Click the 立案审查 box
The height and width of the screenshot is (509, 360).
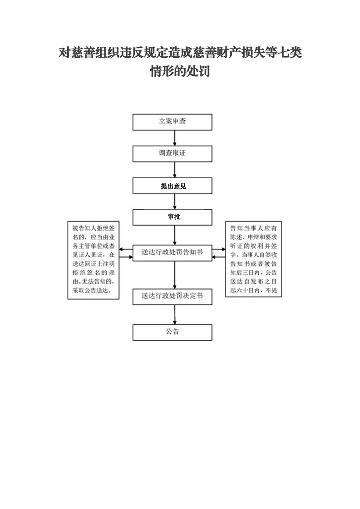pos(172,122)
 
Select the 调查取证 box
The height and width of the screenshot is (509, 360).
pos(172,154)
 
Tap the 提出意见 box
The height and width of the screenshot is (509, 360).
pos(172,186)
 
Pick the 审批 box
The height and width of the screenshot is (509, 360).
pos(172,217)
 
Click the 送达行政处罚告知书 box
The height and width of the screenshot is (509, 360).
pos(172,253)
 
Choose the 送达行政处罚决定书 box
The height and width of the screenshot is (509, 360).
pos(172,297)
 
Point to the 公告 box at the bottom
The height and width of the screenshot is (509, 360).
pos(172,333)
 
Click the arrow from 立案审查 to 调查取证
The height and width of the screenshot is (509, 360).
pos(175,138)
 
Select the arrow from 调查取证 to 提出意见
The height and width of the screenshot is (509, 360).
pos(175,170)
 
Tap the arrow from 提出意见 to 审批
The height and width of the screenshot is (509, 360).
pos(175,201)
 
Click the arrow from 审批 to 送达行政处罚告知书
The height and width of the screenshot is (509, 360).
pos(175,235)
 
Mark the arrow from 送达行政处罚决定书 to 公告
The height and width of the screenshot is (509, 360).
pos(175,314)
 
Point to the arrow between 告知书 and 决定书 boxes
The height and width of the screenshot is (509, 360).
pos(175,275)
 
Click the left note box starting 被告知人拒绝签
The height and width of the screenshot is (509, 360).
pos(94,260)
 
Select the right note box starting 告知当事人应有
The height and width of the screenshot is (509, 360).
pos(253,259)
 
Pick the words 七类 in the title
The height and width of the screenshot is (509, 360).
pos(290,53)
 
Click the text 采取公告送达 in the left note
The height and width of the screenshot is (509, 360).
pos(90,290)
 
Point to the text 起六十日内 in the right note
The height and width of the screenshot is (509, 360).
pos(245,290)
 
